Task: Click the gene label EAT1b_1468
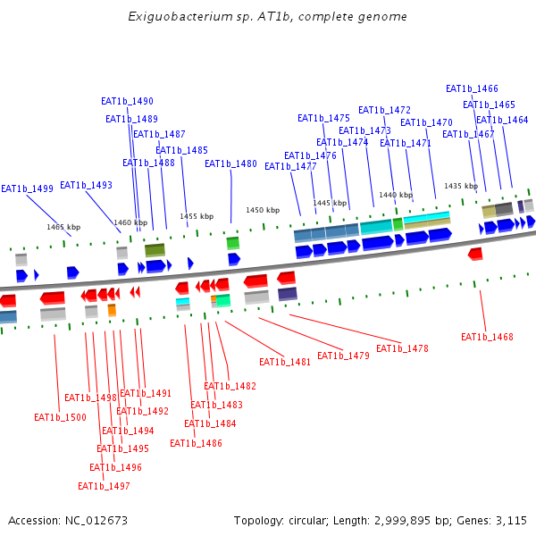click(487, 337)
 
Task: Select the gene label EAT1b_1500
click(60, 417)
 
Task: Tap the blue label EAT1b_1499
click(27, 188)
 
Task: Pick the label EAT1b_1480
click(230, 163)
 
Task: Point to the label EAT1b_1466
click(472, 88)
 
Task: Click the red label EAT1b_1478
click(402, 348)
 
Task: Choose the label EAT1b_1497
click(104, 486)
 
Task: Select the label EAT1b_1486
click(196, 443)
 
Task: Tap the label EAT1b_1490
click(127, 102)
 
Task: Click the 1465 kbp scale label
click(63, 227)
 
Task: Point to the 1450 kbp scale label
click(263, 210)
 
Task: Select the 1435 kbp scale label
click(461, 186)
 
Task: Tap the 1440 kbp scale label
click(396, 195)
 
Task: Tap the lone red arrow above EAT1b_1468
click(475, 255)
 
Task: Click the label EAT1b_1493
click(86, 185)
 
